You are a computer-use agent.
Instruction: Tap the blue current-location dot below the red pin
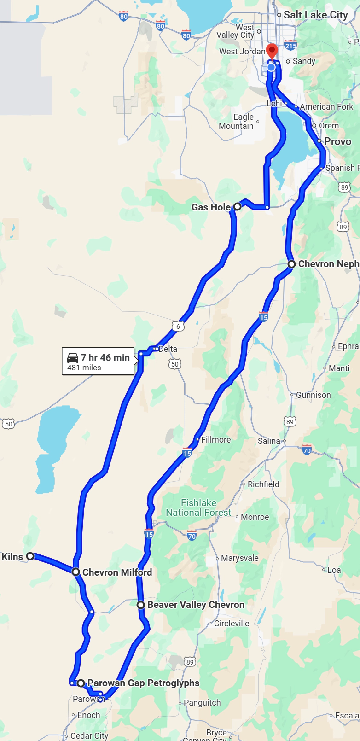pyautogui.click(x=271, y=67)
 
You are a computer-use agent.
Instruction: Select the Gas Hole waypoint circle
pyautogui.click(x=237, y=207)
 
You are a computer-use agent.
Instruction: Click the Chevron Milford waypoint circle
pyautogui.click(x=76, y=572)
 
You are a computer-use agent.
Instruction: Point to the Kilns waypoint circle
pyautogui.click(x=30, y=556)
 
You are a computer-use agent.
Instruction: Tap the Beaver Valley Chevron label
pyautogui.click(x=196, y=605)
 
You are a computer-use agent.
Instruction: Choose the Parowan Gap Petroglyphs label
pyautogui.click(x=143, y=683)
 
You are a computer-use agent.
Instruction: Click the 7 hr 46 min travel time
pyautogui.click(x=105, y=358)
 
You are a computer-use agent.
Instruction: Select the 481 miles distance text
pyautogui.click(x=84, y=368)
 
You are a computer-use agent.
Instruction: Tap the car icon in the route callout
pyautogui.click(x=73, y=358)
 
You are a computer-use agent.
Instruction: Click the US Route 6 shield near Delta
pyautogui.click(x=178, y=327)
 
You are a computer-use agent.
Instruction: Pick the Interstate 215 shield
pyautogui.click(x=290, y=46)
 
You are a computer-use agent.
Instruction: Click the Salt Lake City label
pyautogui.click(x=315, y=15)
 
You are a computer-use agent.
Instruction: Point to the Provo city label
pyautogui.click(x=337, y=141)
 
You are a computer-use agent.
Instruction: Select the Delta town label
pyautogui.click(x=168, y=349)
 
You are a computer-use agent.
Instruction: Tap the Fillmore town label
pyautogui.click(x=215, y=440)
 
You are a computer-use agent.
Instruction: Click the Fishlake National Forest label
pyautogui.click(x=198, y=508)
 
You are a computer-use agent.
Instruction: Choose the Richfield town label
pyautogui.click(x=263, y=484)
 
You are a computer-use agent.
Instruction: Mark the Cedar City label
pyautogui.click(x=89, y=736)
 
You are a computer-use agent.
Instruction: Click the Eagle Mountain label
pyautogui.click(x=237, y=122)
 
